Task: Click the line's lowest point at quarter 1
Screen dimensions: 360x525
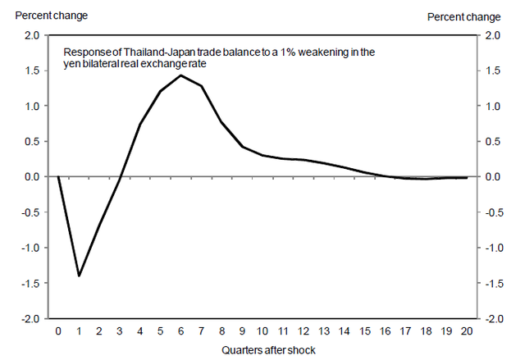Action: [79, 276]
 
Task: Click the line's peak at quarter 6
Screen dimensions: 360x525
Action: [180, 75]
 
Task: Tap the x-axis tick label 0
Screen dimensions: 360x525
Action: [58, 332]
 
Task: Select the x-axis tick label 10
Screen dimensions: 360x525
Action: [262, 332]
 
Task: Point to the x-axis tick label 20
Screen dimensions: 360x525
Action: [467, 332]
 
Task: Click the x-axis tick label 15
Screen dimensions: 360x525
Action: [365, 332]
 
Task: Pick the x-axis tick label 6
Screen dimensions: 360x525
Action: [180, 332]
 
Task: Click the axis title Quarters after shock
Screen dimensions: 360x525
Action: [262, 350]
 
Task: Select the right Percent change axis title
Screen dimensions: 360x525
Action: [463, 16]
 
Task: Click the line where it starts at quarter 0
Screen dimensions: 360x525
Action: [58, 176]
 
